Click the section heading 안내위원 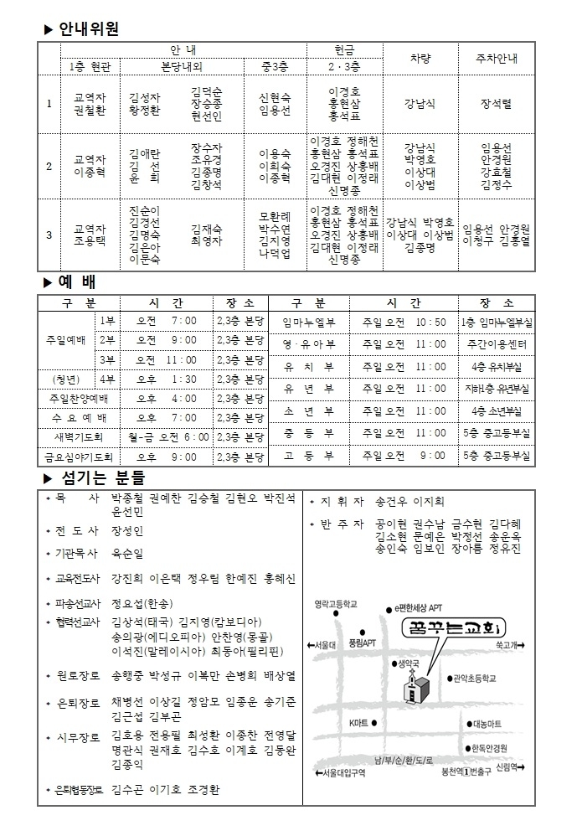[89, 30]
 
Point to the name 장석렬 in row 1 [496, 104]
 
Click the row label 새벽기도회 [77, 436]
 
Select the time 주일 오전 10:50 [404, 322]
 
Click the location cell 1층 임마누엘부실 [497, 322]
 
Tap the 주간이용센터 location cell [497, 344]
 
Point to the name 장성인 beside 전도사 [127, 531]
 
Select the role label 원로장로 [78, 675]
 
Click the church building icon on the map [413, 690]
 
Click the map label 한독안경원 [489, 748]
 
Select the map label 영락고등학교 [335, 603]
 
